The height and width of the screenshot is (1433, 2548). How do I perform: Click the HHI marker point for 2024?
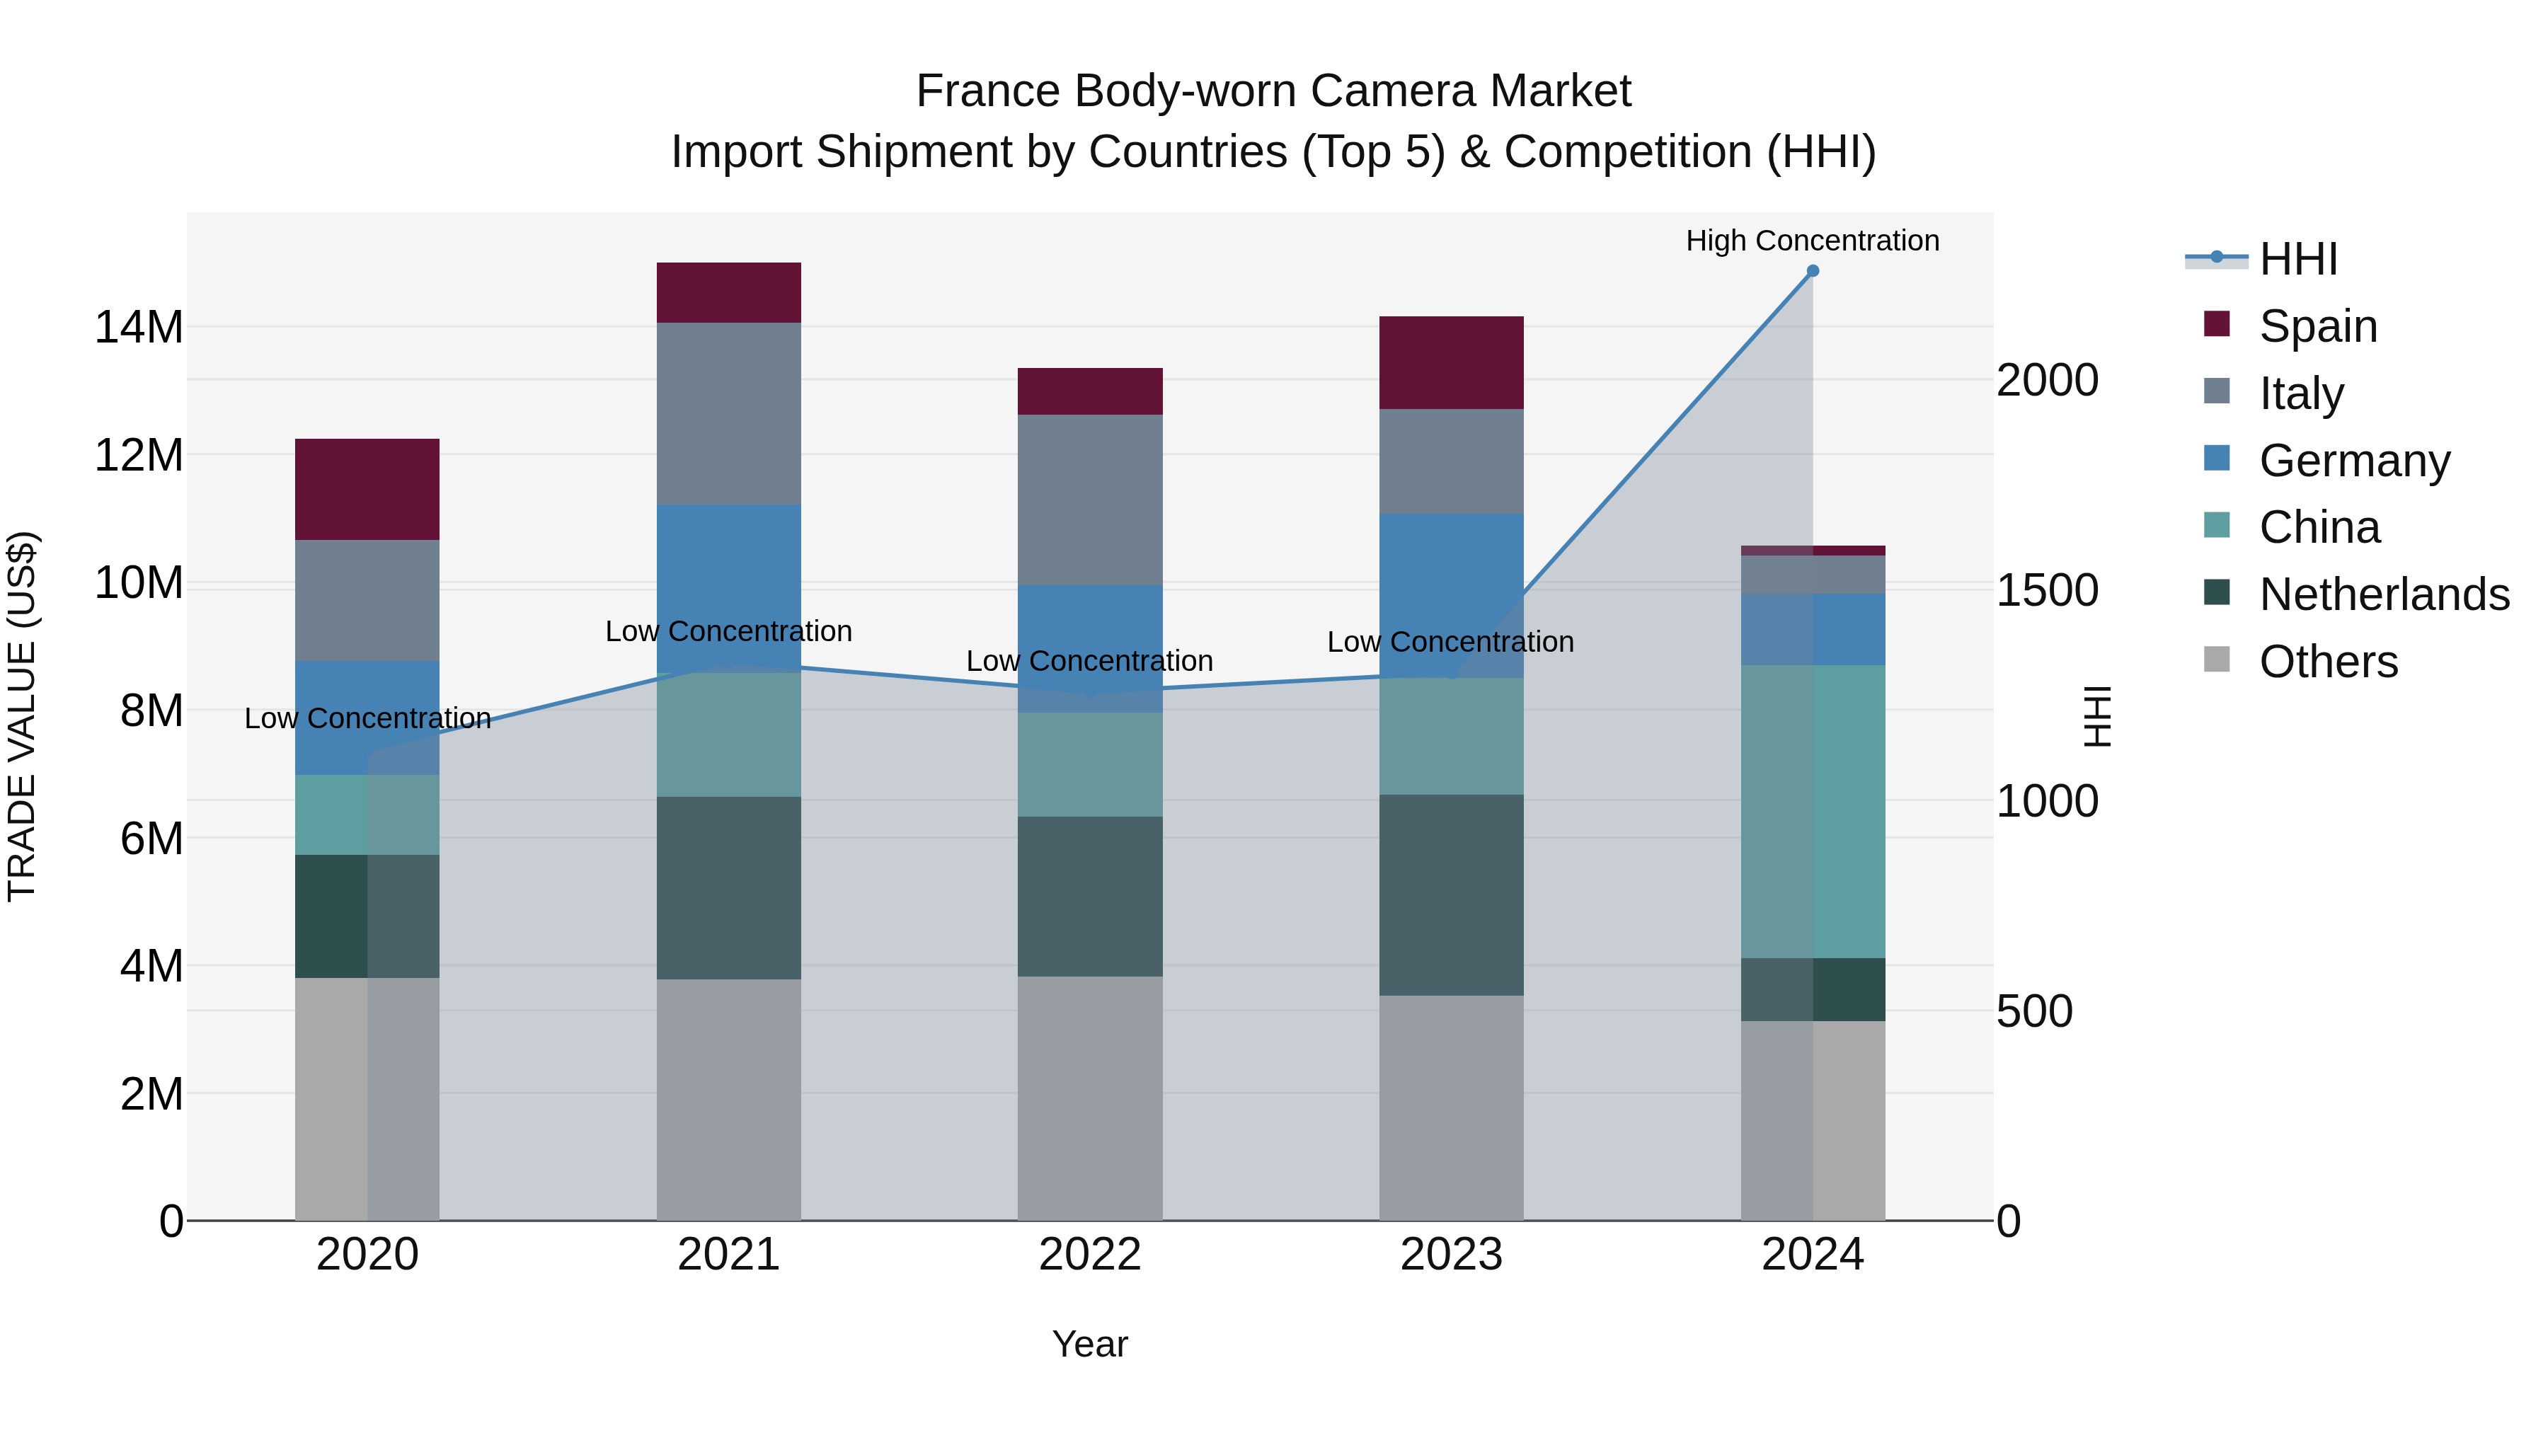pyautogui.click(x=1812, y=271)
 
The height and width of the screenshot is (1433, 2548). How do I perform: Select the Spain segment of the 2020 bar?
pyautogui.click(x=367, y=490)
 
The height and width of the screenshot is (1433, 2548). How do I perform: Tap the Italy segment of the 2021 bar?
pyautogui.click(x=728, y=413)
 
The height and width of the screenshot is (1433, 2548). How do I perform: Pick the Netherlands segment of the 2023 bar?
pyautogui.click(x=1451, y=895)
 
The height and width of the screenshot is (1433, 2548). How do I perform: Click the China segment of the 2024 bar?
pyautogui.click(x=1812, y=811)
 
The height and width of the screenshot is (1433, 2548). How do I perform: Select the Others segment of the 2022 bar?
pyautogui.click(x=1090, y=1098)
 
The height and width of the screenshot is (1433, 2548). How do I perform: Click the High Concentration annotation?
pyautogui.click(x=1812, y=241)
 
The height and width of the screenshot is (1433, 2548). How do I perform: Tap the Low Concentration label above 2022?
pyautogui.click(x=1089, y=661)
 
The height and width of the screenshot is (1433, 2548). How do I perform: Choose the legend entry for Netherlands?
pyautogui.click(x=2384, y=594)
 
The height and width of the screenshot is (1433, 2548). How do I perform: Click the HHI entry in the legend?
pyautogui.click(x=2297, y=259)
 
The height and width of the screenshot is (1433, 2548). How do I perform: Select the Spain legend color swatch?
pyautogui.click(x=2217, y=324)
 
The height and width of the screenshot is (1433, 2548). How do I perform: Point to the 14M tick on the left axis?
pyautogui.click(x=139, y=328)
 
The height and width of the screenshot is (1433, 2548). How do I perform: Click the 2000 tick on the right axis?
pyautogui.click(x=2046, y=381)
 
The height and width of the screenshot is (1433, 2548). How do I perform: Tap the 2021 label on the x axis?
pyautogui.click(x=728, y=1255)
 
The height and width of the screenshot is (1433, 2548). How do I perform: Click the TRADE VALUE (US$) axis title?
pyautogui.click(x=22, y=716)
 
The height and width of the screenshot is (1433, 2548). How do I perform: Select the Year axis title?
pyautogui.click(x=1089, y=1344)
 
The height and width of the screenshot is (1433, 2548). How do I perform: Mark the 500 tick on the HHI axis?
pyautogui.click(x=2033, y=1012)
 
